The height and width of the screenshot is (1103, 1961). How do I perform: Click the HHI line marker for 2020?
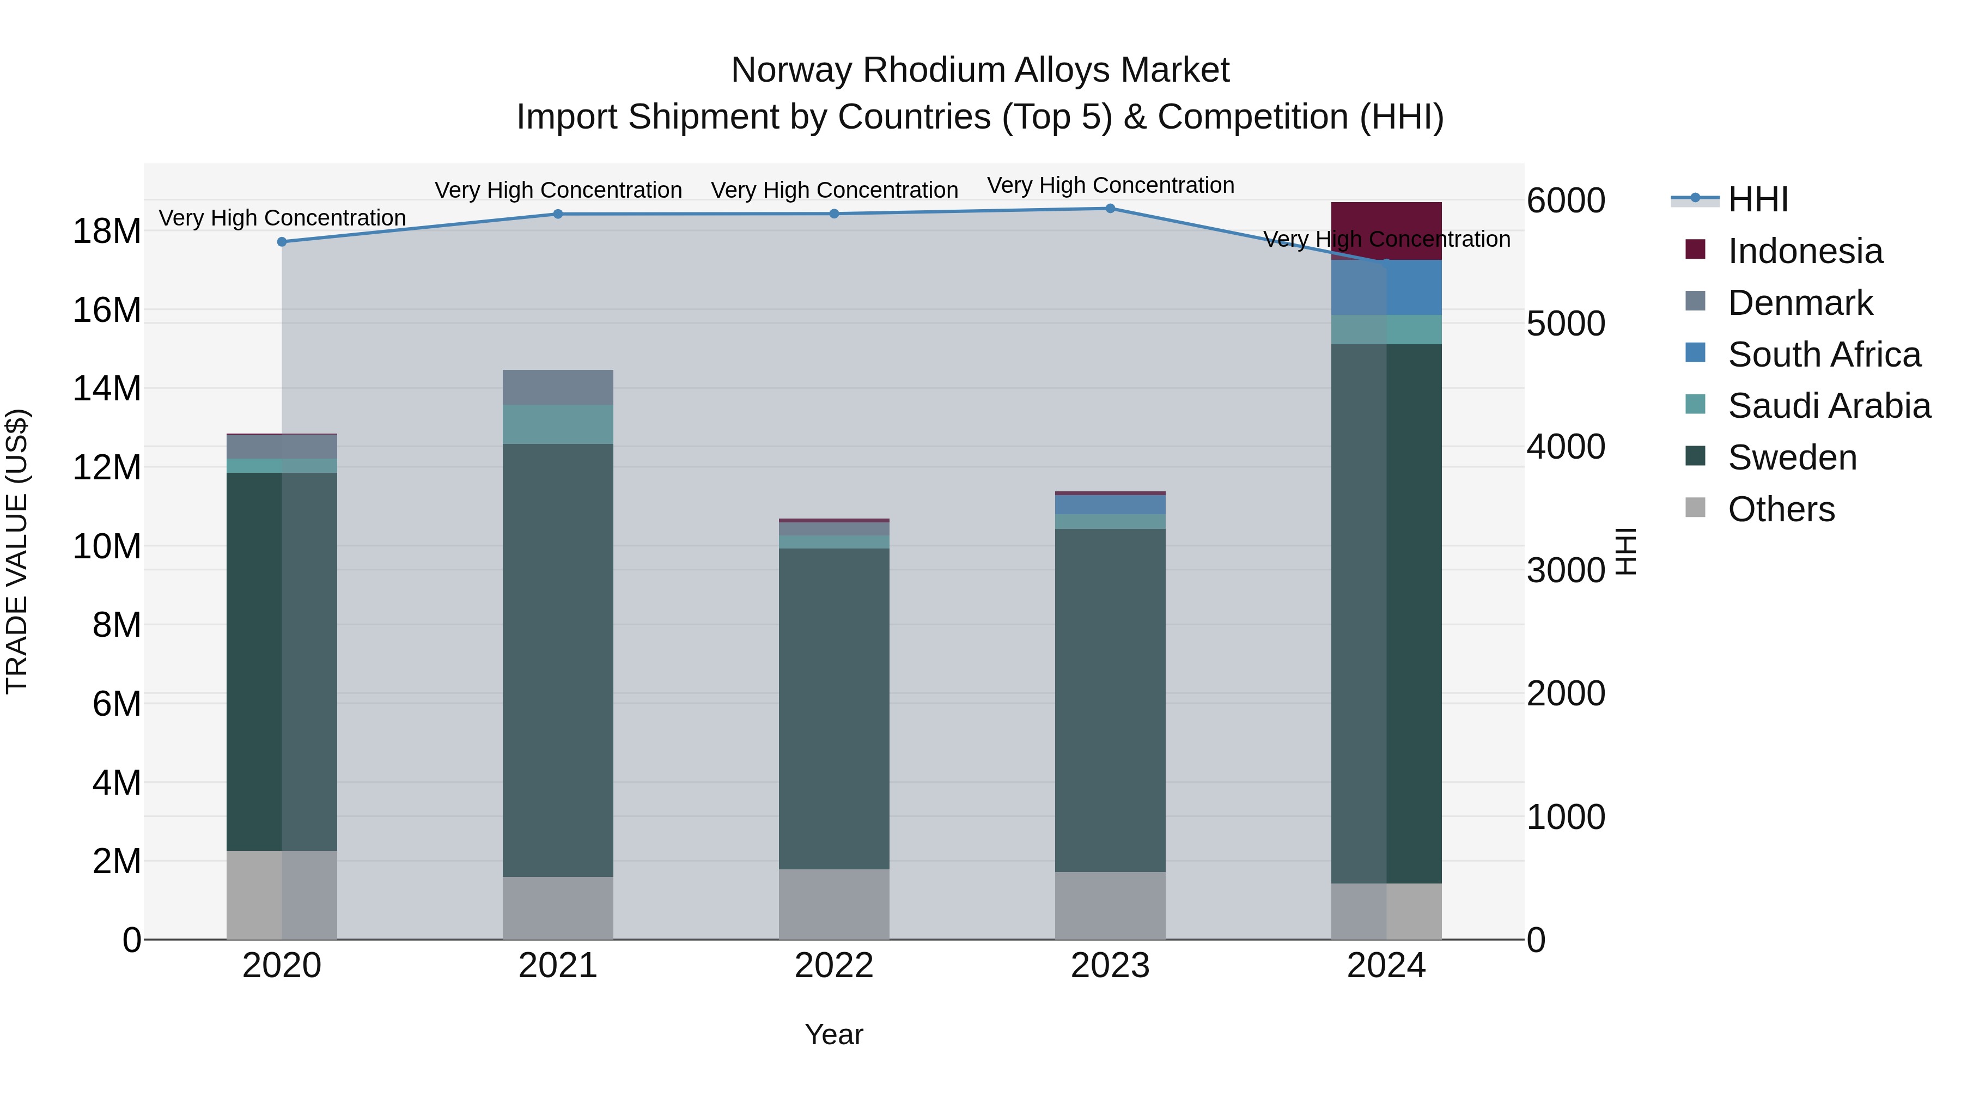(x=282, y=242)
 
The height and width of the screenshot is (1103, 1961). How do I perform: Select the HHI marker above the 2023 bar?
(x=1110, y=209)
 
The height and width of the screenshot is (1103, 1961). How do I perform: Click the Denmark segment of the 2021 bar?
(x=558, y=387)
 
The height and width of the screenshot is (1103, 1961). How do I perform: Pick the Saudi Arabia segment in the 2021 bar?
(x=558, y=424)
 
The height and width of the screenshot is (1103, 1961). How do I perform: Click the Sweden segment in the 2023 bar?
(x=1110, y=700)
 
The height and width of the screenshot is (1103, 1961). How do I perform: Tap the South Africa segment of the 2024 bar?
(x=1386, y=288)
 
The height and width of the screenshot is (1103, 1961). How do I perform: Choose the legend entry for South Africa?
(x=1824, y=355)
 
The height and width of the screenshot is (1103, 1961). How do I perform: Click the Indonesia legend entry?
(x=1805, y=251)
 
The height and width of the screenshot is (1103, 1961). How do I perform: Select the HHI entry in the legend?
(x=1758, y=199)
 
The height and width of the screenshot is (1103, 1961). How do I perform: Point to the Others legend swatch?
(x=1695, y=507)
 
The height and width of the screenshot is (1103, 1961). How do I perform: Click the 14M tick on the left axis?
(x=107, y=389)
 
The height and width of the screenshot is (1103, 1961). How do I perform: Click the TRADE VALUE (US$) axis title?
(x=17, y=551)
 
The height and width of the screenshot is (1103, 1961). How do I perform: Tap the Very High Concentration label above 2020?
(x=282, y=218)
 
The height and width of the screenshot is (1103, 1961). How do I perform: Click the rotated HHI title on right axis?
(x=1625, y=551)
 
